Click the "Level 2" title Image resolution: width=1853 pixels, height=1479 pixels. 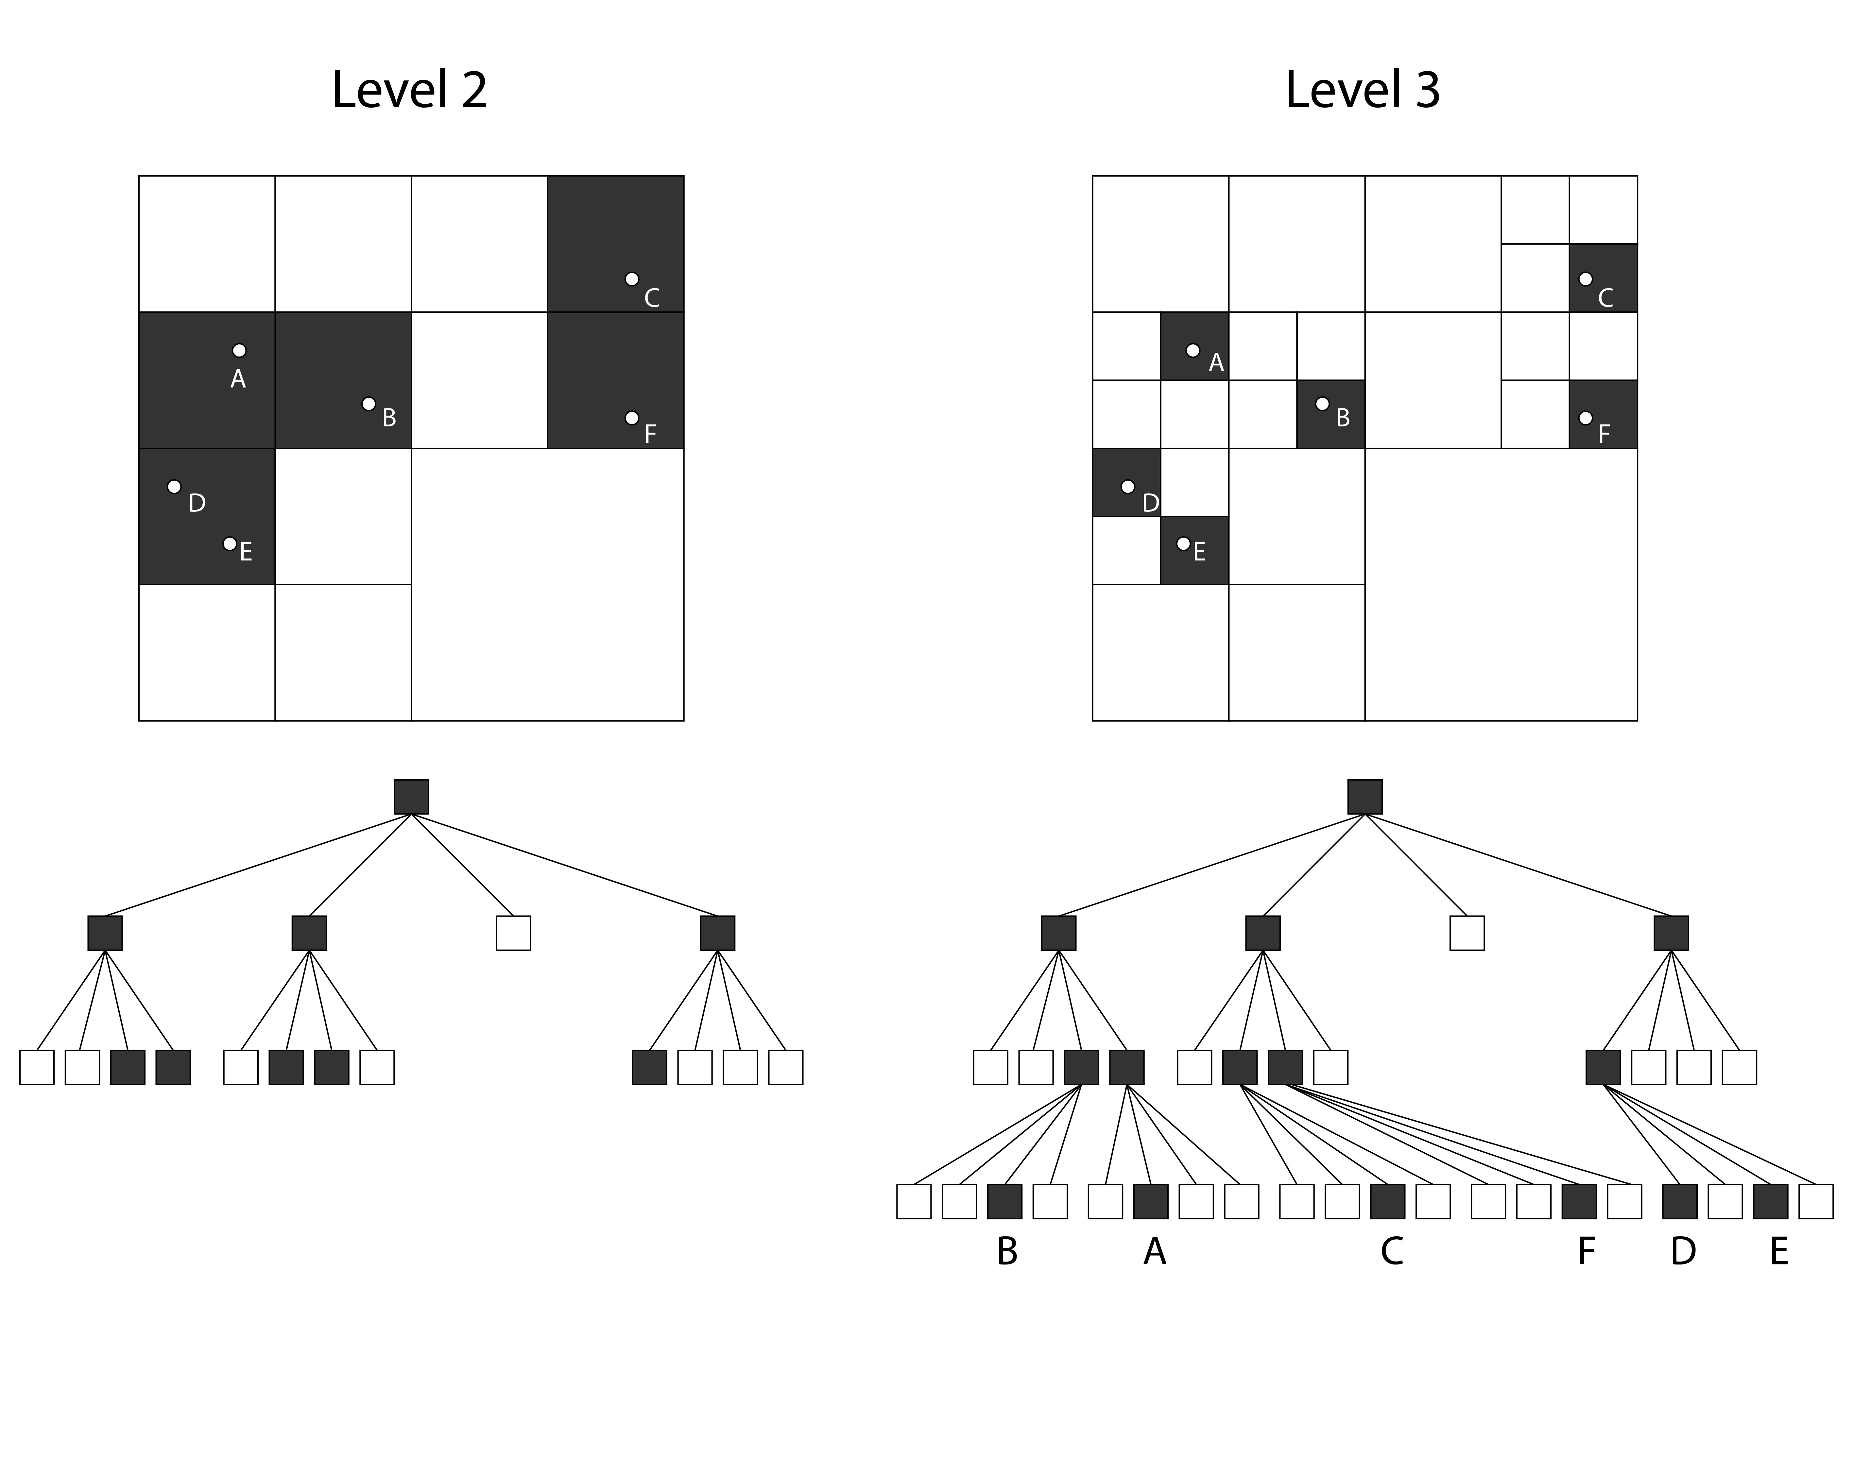pyautogui.click(x=409, y=89)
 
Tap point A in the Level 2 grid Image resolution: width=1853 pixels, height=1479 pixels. pyautogui.click(x=239, y=351)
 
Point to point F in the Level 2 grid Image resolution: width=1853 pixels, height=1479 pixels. pyautogui.click(x=632, y=418)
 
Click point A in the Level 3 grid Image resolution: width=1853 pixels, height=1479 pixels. pyautogui.click(x=1193, y=351)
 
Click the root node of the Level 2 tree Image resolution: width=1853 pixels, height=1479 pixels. pyautogui.click(x=411, y=797)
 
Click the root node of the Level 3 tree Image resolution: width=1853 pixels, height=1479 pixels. pyautogui.click(x=1365, y=797)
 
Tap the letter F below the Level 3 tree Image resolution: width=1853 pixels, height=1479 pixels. pyautogui.click(x=1587, y=1252)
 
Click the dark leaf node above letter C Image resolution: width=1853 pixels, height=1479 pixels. pyautogui.click(x=1387, y=1201)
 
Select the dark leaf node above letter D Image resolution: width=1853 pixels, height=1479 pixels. pyautogui.click(x=1679, y=1201)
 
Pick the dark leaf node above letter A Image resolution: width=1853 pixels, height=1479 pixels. pyautogui.click(x=1151, y=1201)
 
